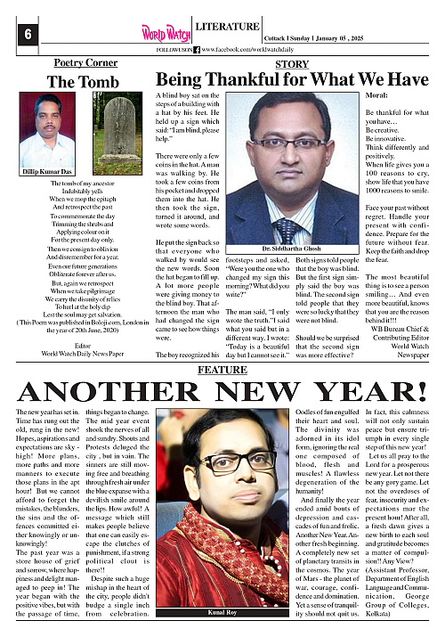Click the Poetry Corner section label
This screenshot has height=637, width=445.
(85, 63)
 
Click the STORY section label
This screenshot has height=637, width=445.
(292, 65)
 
